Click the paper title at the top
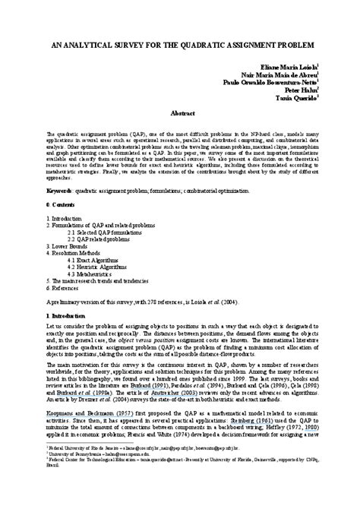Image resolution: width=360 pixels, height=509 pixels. tap(180, 46)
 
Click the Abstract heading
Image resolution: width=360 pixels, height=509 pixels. tap(180, 112)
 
